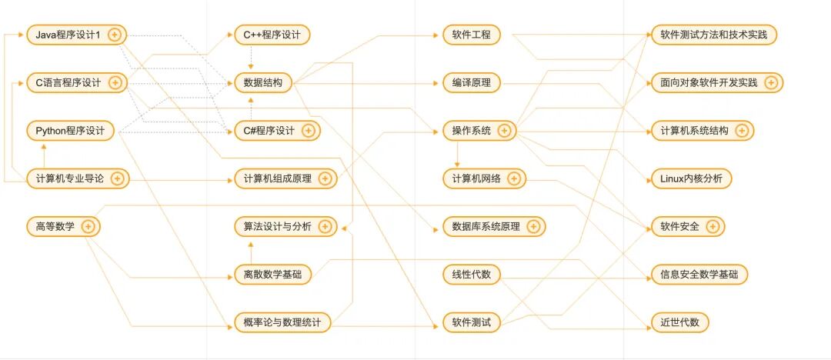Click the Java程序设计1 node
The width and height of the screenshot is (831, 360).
click(x=68, y=35)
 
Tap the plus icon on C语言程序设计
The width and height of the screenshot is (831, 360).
click(x=115, y=82)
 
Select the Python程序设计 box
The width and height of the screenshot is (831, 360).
click(x=70, y=131)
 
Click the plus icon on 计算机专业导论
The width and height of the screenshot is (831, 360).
click(x=117, y=178)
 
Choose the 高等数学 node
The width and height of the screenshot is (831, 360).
click(x=55, y=226)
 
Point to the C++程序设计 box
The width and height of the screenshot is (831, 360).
click(x=272, y=35)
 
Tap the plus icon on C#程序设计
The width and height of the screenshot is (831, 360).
click(x=308, y=131)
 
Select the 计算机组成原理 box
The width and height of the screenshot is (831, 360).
click(x=278, y=178)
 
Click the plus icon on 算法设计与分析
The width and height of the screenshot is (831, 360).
click(x=325, y=226)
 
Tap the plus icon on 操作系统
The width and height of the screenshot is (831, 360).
click(x=504, y=131)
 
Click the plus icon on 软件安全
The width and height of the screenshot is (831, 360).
click(x=713, y=226)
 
